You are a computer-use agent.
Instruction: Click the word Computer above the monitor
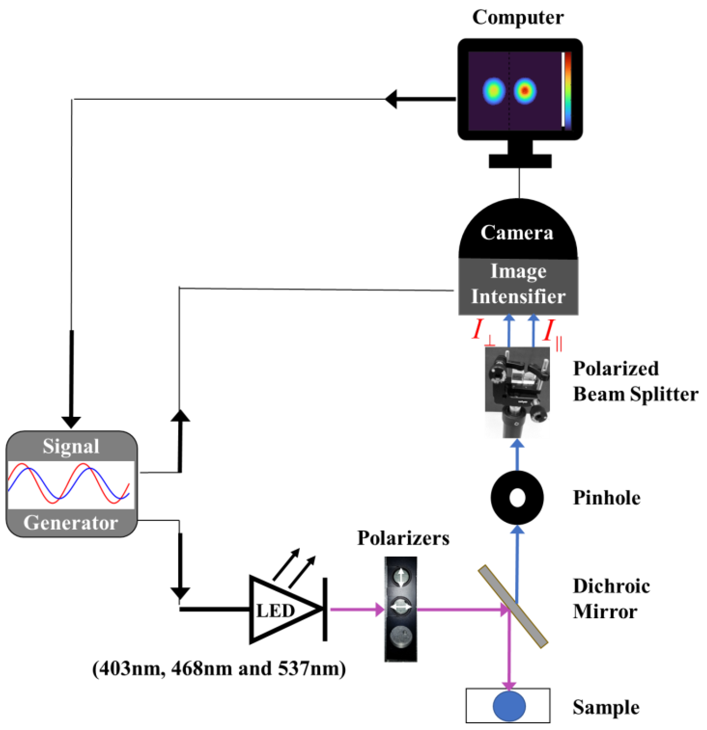pyautogui.click(x=518, y=18)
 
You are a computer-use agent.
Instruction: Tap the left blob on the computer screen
pyautogui.click(x=494, y=91)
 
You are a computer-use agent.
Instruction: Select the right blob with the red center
pyautogui.click(x=525, y=91)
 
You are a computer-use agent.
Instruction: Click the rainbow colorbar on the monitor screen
pyautogui.click(x=567, y=91)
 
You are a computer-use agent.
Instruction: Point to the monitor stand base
pyautogui.click(x=520, y=161)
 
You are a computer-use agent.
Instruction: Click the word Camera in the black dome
pyautogui.click(x=517, y=233)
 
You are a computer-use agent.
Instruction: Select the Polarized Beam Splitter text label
pyautogui.click(x=634, y=381)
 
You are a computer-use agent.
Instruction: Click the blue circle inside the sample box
pyautogui.click(x=509, y=706)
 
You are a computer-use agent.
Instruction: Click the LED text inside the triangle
pyautogui.click(x=275, y=611)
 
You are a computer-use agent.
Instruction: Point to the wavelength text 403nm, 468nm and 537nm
pyautogui.click(x=219, y=669)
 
